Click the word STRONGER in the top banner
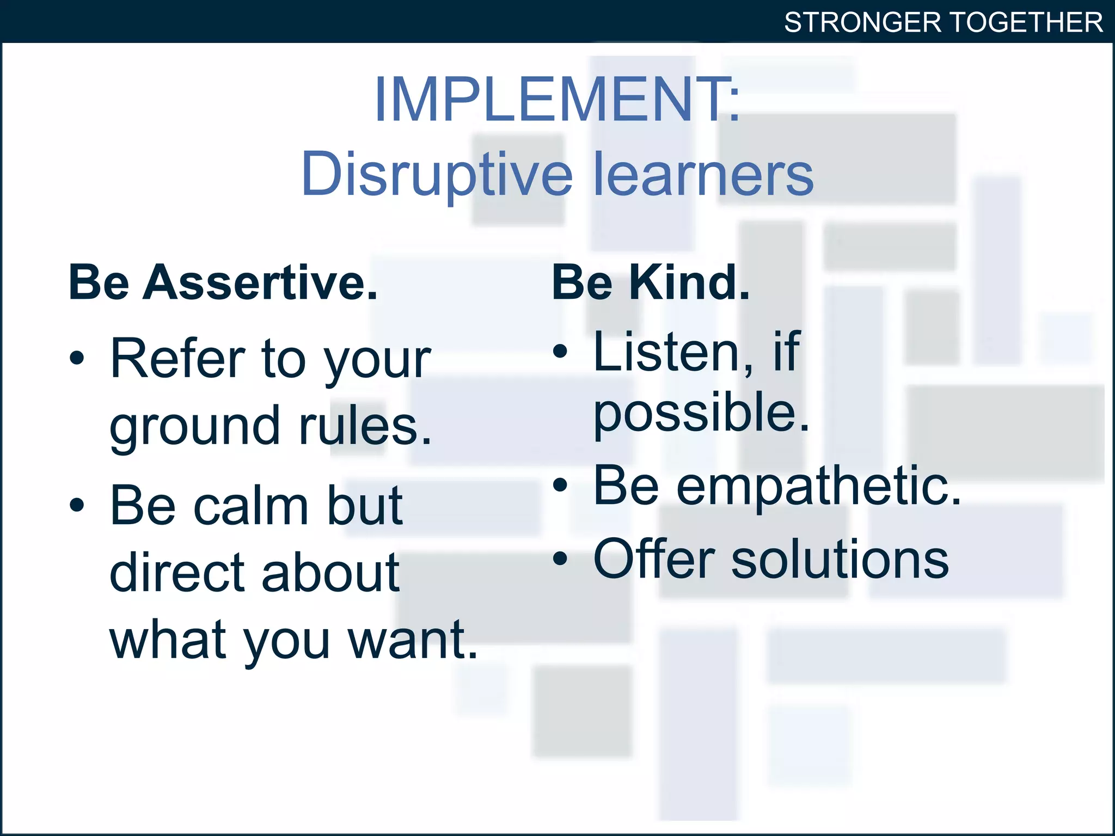point(862,23)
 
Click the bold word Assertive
point(260,283)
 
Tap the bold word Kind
point(689,283)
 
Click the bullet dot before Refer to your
point(77,358)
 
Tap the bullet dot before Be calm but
point(77,505)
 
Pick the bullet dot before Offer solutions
point(560,558)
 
